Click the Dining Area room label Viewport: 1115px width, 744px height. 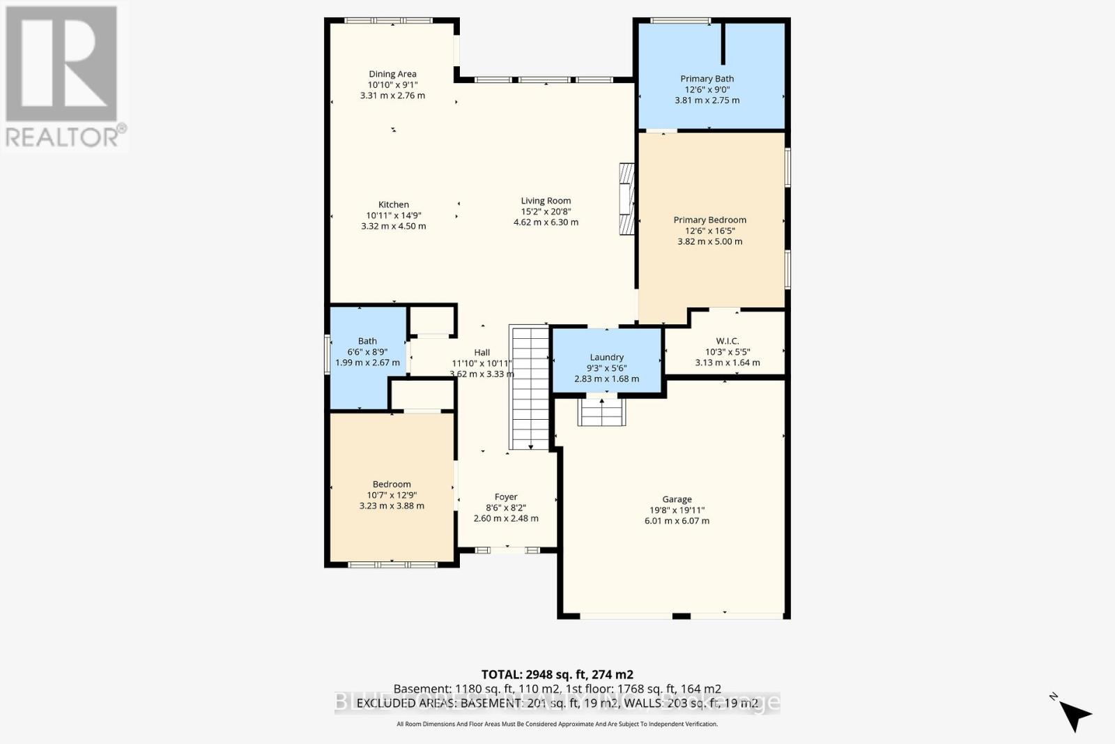click(x=392, y=74)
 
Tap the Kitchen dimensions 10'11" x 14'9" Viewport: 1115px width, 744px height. click(x=394, y=215)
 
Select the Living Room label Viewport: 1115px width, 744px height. click(x=546, y=201)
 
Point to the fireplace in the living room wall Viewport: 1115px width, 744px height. click(x=627, y=199)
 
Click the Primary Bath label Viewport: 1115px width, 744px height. click(x=707, y=79)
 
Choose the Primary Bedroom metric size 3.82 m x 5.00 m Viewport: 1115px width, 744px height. click(x=709, y=241)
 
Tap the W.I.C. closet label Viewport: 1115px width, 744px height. click(x=727, y=341)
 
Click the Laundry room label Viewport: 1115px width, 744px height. click(x=606, y=357)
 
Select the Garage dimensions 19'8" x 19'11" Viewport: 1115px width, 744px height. click(x=677, y=510)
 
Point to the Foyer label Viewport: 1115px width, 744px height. click(x=506, y=497)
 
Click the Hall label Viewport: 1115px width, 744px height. click(x=482, y=353)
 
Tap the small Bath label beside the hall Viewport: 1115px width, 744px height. click(x=367, y=341)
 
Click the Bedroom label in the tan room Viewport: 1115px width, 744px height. click(x=392, y=484)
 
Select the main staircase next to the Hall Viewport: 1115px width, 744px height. click(x=530, y=388)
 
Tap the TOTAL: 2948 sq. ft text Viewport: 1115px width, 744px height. click(x=557, y=674)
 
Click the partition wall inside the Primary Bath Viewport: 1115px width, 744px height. click(x=723, y=43)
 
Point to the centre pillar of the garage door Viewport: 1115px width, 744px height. click(x=681, y=616)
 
